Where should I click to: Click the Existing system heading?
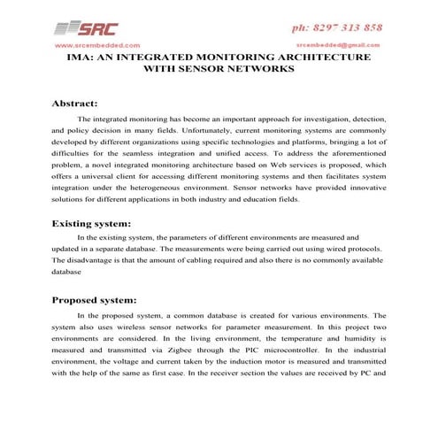pos(91,223)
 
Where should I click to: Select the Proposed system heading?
pos(95,299)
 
